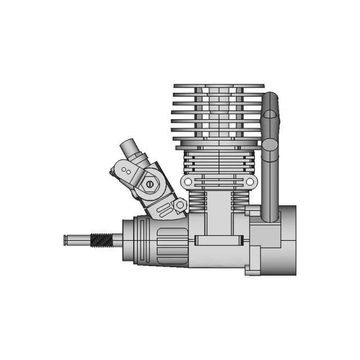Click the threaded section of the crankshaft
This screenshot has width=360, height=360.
coord(102,240)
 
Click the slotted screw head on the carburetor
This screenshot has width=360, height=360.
coord(148,183)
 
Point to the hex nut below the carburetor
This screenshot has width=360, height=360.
coord(179,206)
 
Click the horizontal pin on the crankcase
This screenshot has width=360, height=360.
coord(219,241)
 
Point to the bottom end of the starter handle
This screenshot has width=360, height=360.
coord(271,216)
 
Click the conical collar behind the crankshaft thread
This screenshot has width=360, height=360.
coord(125,239)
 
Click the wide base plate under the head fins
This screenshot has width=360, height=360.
coord(219,147)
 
